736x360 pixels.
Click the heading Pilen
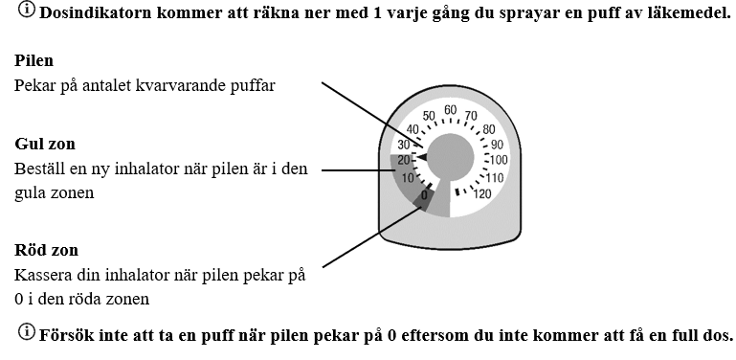33,60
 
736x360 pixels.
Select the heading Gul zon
45,144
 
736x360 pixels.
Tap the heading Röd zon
47,250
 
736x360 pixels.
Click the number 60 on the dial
451,110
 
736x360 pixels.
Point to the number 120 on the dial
481,193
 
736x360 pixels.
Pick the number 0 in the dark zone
424,195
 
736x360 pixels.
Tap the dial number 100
499,160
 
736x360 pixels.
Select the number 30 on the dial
404,145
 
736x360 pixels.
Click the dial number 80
489,129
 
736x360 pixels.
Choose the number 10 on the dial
408,178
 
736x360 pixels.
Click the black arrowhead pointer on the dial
422,157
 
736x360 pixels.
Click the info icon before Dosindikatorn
27,10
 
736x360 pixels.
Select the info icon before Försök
27,332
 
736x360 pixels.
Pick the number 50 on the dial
429,116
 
